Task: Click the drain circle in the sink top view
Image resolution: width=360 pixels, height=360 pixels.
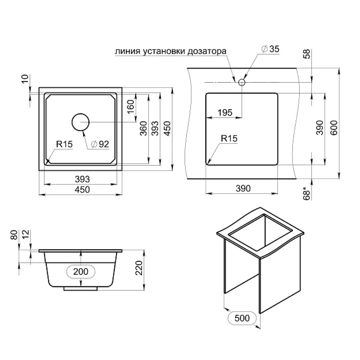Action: [80, 122]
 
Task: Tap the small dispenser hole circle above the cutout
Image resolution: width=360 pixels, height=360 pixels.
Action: [242, 82]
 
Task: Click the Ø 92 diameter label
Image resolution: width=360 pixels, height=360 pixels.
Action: [100, 144]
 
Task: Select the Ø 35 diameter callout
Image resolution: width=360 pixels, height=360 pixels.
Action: [271, 49]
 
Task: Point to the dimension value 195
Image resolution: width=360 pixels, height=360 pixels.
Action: [225, 112]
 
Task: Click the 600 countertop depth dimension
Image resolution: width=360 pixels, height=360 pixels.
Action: [334, 127]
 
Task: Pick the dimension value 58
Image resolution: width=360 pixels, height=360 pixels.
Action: [307, 54]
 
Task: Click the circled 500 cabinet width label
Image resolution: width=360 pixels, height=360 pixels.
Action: [242, 318]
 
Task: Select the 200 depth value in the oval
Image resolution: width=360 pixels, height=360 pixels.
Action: [81, 271]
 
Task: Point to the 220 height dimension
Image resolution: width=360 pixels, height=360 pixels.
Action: [139, 268]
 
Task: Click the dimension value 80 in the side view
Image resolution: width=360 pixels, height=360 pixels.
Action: [14, 235]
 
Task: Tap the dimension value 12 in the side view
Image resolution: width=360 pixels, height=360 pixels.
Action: [26, 234]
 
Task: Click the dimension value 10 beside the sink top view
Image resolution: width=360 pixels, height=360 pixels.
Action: [25, 79]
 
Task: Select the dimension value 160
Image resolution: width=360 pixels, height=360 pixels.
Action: [131, 107]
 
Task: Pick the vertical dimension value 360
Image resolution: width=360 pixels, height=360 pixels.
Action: [144, 128]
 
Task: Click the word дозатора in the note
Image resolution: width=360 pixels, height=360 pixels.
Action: [207, 51]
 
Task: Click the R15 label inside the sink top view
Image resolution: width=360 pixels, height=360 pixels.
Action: [64, 144]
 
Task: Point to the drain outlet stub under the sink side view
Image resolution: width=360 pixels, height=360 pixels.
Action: [80, 289]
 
